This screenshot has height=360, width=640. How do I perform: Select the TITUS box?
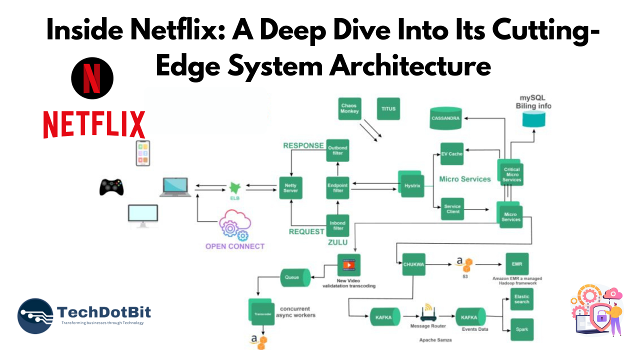[x=388, y=108]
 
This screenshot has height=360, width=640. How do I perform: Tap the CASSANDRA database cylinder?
[x=446, y=118]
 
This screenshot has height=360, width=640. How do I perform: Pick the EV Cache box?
[x=451, y=154]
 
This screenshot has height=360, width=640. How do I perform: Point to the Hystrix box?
[x=411, y=186]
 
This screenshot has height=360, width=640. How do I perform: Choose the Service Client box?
[x=451, y=209]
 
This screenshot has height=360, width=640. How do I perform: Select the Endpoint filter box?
[x=337, y=188]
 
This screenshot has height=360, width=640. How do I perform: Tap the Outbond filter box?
[x=337, y=150]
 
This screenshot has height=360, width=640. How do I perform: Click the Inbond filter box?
[x=337, y=225]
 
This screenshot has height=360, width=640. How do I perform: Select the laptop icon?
[x=175, y=187]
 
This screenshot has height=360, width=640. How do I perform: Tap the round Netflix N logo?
[x=92, y=78]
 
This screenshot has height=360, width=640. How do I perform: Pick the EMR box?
[x=516, y=263]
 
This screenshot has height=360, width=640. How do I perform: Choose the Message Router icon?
[x=428, y=313]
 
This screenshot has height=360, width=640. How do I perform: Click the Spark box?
[x=521, y=329]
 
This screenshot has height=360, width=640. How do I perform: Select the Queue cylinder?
[x=293, y=276]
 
